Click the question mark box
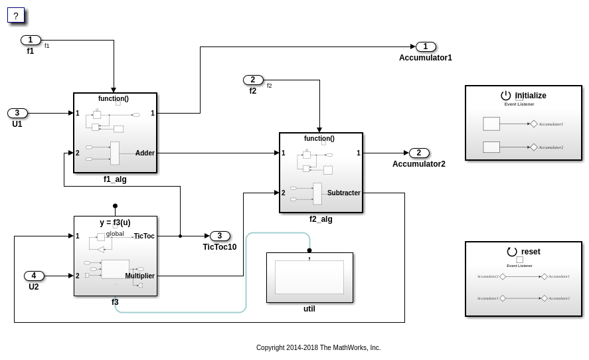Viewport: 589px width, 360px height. (16, 15)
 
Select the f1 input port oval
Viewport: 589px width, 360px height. (31, 40)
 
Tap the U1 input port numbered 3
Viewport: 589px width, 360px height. (17, 113)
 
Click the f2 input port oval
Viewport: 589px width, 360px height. (253, 80)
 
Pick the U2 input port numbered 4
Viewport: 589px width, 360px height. (34, 276)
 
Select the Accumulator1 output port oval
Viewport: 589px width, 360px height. (426, 46)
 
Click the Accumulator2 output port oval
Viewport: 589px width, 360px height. (419, 153)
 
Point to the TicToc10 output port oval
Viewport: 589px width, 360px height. (220, 236)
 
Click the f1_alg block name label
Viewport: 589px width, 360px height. (115, 179)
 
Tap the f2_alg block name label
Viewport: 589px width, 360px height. (321, 219)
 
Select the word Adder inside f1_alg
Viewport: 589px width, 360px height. (145, 153)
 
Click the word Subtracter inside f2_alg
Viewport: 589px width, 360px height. (343, 193)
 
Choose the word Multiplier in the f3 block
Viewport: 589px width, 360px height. (139, 276)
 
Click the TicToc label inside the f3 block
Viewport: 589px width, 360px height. (144, 236)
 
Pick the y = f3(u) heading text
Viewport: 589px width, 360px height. (115, 223)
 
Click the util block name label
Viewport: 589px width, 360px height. (309, 309)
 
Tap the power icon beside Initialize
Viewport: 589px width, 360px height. (506, 96)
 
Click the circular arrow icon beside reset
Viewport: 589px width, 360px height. (512, 252)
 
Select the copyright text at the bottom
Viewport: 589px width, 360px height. (318, 347)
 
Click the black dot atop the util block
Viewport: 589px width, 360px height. (309, 250)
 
